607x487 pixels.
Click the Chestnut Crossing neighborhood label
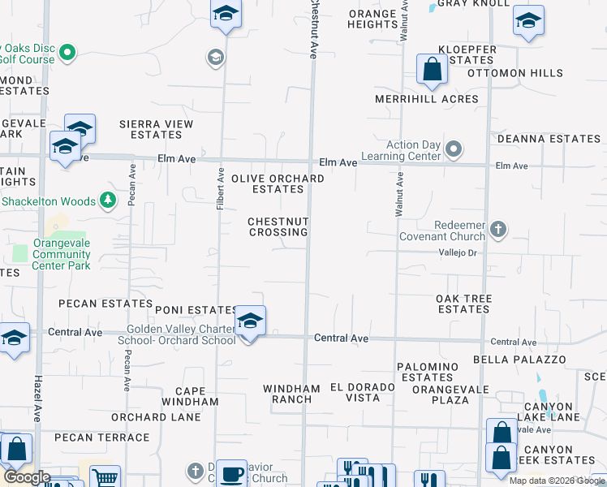pyautogui.click(x=278, y=226)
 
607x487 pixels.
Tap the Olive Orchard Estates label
pyautogui.click(x=267, y=183)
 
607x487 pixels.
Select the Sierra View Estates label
pyautogui.click(x=156, y=129)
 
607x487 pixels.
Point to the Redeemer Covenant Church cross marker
pyautogui.click(x=498, y=231)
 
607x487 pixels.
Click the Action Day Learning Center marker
pyautogui.click(x=454, y=149)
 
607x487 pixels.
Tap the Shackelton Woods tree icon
pyautogui.click(x=107, y=200)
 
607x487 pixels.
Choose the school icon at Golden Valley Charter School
pyautogui.click(x=250, y=322)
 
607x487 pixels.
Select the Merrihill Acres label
pyautogui.click(x=426, y=99)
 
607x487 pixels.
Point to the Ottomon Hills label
pyautogui.click(x=515, y=73)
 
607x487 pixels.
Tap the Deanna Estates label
pyautogui.click(x=549, y=139)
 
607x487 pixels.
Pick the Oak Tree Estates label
pyautogui.click(x=463, y=304)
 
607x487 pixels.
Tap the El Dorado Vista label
pyautogui.click(x=362, y=392)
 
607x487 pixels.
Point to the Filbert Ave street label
pyautogui.click(x=220, y=189)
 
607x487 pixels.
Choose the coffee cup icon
pyautogui.click(x=231, y=474)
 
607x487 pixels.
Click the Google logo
pyautogui.click(x=27, y=477)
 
